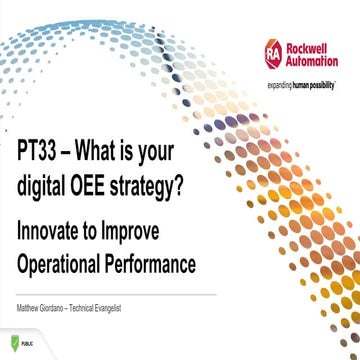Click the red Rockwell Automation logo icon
click(273, 53)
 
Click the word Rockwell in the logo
click(312, 46)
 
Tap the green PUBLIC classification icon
click(9, 345)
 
